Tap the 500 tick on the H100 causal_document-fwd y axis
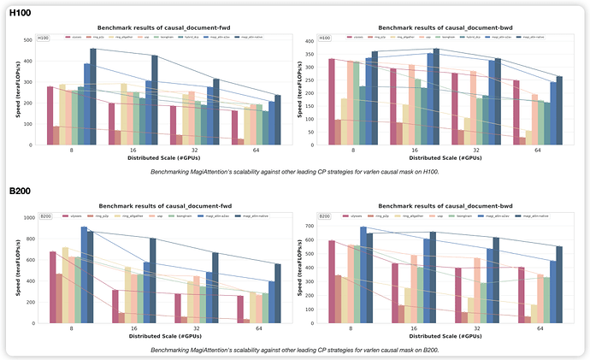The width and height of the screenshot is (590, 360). click(28, 38)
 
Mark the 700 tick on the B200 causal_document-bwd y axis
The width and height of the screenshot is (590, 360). click(310, 226)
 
